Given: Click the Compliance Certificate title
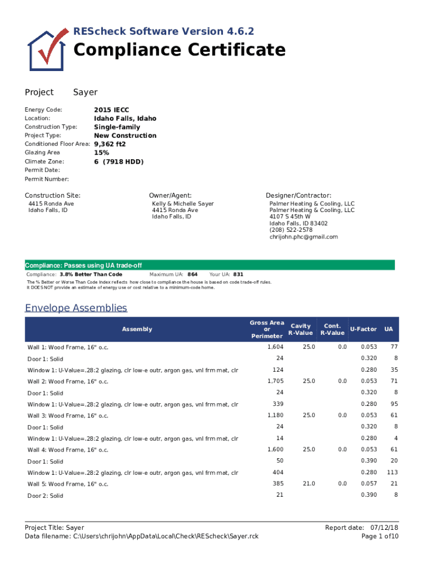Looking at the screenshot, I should tap(179, 50).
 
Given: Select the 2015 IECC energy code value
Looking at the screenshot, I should tap(111, 110).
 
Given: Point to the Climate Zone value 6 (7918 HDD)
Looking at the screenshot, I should tap(118, 161).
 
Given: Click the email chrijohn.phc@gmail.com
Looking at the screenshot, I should tap(303, 237).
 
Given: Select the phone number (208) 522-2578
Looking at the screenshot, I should tap(291, 230).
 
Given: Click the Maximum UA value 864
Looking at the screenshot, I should tap(193, 274).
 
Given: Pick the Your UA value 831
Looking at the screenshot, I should tap(238, 274).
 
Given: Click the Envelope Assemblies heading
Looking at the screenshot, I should tap(76, 307).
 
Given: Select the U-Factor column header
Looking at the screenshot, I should tap(363, 329).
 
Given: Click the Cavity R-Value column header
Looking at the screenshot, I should tap(301, 329).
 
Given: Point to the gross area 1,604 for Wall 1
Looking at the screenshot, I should tap(275, 347).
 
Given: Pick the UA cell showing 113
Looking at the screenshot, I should tap(392, 473).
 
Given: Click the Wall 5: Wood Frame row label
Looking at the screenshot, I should tap(68, 484).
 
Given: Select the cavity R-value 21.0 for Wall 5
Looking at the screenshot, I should tap(308, 484).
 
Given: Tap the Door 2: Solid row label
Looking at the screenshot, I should tap(45, 496).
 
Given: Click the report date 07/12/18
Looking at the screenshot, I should tap(384, 528).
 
